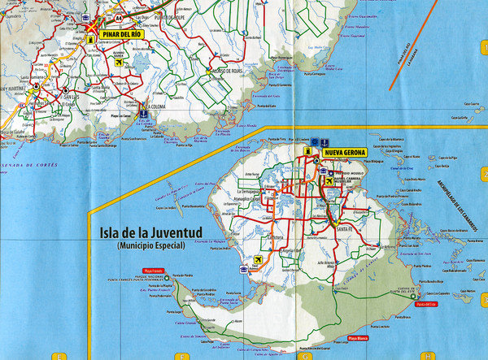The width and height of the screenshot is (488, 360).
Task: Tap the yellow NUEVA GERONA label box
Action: click(x=345, y=152)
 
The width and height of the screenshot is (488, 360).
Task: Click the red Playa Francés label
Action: click(x=153, y=269)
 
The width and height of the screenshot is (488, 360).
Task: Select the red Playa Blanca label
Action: click(x=359, y=337)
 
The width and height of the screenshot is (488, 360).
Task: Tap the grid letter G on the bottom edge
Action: click(x=303, y=356)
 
